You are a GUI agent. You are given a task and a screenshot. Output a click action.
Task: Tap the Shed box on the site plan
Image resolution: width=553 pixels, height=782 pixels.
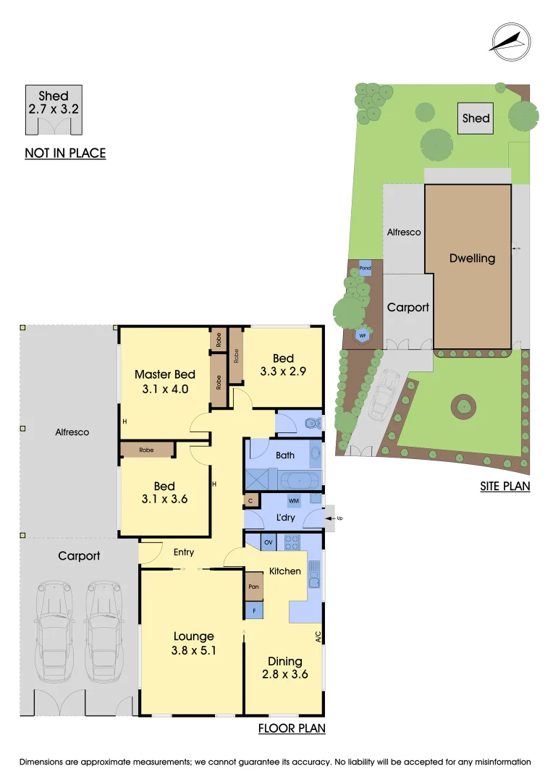[476, 118]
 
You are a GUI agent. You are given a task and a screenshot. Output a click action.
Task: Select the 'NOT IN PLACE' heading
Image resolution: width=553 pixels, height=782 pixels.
[65, 153]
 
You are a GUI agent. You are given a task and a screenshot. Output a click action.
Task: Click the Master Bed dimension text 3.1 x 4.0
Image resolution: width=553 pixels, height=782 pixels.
[164, 388]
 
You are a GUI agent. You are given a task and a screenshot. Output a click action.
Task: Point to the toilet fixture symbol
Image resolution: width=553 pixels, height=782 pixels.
[312, 423]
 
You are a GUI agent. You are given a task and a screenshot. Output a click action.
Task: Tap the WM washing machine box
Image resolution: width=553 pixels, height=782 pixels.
[294, 500]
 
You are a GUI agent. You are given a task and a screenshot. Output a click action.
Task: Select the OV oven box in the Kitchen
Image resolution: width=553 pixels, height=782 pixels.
[268, 542]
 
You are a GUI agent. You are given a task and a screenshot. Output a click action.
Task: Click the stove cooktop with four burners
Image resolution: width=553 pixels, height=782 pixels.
[292, 542]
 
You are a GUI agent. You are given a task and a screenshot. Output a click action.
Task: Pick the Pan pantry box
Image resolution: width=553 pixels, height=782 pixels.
[253, 586]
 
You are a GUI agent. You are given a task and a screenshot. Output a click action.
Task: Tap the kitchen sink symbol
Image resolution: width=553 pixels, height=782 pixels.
[314, 573]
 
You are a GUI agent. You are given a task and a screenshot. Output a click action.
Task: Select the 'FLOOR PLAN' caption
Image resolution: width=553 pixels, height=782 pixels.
[292, 728]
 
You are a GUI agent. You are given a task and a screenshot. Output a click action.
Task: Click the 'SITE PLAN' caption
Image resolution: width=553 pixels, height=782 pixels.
[505, 486]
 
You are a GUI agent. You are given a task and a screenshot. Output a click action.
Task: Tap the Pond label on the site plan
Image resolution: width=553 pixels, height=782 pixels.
[366, 268]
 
